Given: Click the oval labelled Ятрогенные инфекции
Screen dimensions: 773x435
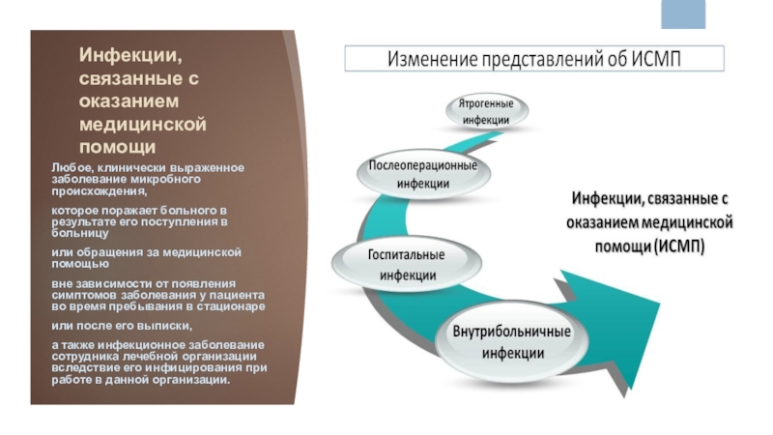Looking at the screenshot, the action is tap(485, 111).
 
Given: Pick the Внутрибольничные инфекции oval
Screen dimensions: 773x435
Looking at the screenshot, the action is tap(513, 341).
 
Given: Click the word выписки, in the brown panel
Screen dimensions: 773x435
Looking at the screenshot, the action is tap(166, 324).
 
